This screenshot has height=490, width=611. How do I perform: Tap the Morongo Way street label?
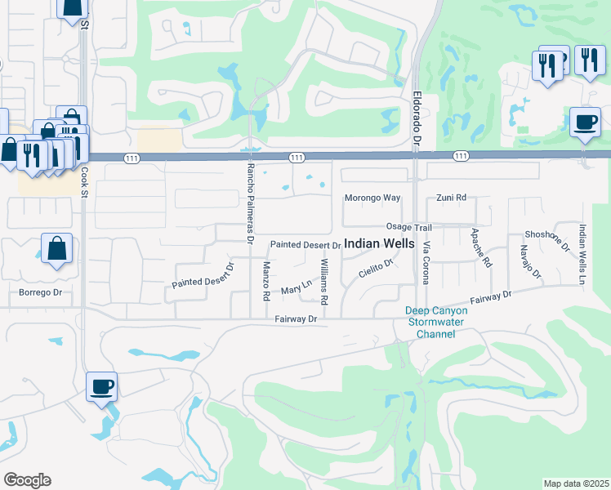click(x=372, y=198)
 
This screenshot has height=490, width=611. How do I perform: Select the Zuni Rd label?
click(x=451, y=198)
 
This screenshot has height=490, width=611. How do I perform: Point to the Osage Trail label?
click(x=408, y=227)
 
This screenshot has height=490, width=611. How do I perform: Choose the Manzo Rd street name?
click(x=266, y=281)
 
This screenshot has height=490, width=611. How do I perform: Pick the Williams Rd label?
click(x=324, y=281)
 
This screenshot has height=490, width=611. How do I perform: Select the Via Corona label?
click(x=426, y=262)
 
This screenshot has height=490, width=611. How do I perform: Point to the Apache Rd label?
click(x=481, y=248)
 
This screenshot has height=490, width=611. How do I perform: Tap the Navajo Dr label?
click(x=532, y=264)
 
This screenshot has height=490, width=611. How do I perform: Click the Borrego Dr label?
click(x=41, y=292)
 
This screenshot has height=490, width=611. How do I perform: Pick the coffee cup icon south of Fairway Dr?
click(x=102, y=386)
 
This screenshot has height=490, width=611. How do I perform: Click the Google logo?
click(x=27, y=480)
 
